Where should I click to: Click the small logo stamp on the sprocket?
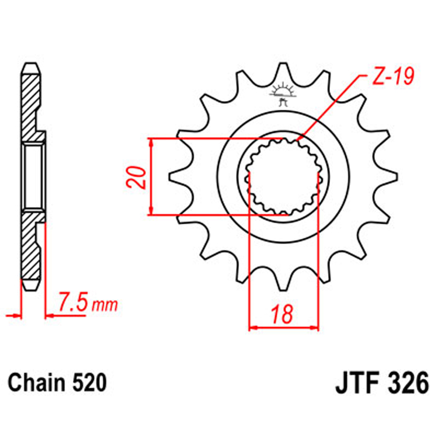[x=283, y=94]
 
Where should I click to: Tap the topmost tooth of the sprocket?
[x=283, y=73]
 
